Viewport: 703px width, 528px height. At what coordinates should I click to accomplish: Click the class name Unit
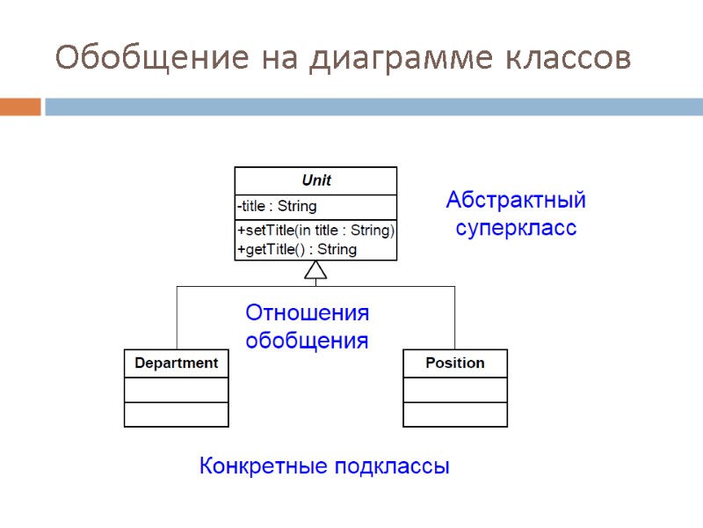(315, 180)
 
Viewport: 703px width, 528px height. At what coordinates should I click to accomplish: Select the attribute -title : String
(277, 207)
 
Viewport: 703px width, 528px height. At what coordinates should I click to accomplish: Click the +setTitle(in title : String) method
(315, 231)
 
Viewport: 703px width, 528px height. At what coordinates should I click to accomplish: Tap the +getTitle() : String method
(296, 249)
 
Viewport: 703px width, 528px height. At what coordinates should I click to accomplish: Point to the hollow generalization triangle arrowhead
(315, 271)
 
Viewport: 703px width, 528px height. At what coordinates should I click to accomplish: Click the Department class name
(176, 363)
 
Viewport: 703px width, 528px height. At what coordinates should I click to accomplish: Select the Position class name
(454, 363)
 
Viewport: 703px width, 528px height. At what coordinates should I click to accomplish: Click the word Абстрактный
(516, 201)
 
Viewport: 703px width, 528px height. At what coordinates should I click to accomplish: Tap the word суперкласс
(516, 229)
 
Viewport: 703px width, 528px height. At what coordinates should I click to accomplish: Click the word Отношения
(307, 313)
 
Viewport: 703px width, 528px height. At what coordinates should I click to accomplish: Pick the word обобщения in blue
(307, 341)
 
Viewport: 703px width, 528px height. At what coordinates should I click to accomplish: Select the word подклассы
(393, 466)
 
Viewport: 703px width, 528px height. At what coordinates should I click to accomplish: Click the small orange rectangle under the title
(20, 107)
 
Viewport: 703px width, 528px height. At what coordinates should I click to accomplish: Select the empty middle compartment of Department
(176, 390)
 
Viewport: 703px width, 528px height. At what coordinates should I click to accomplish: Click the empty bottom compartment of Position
(454, 414)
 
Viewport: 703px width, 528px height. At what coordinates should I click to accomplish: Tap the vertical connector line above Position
(454, 319)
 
